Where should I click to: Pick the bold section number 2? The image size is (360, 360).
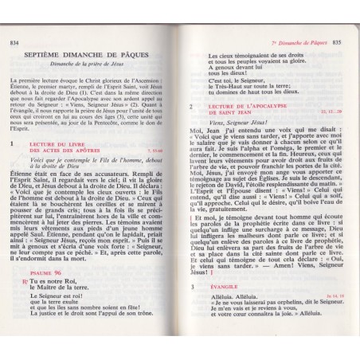coord(192,106)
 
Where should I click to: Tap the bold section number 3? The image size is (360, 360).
coord(192,307)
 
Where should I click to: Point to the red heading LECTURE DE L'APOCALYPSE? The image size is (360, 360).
coord(248,106)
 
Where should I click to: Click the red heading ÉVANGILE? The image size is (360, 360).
coord(226,307)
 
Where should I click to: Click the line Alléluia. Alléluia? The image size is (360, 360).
coord(236,316)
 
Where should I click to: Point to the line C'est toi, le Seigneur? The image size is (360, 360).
coord(236,80)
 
